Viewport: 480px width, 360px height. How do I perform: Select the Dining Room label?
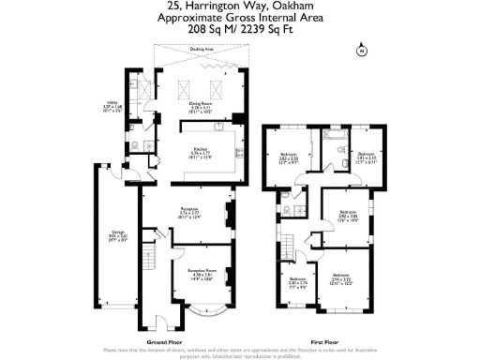pos(202,104)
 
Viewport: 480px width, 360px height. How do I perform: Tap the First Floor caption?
pos(323,342)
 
